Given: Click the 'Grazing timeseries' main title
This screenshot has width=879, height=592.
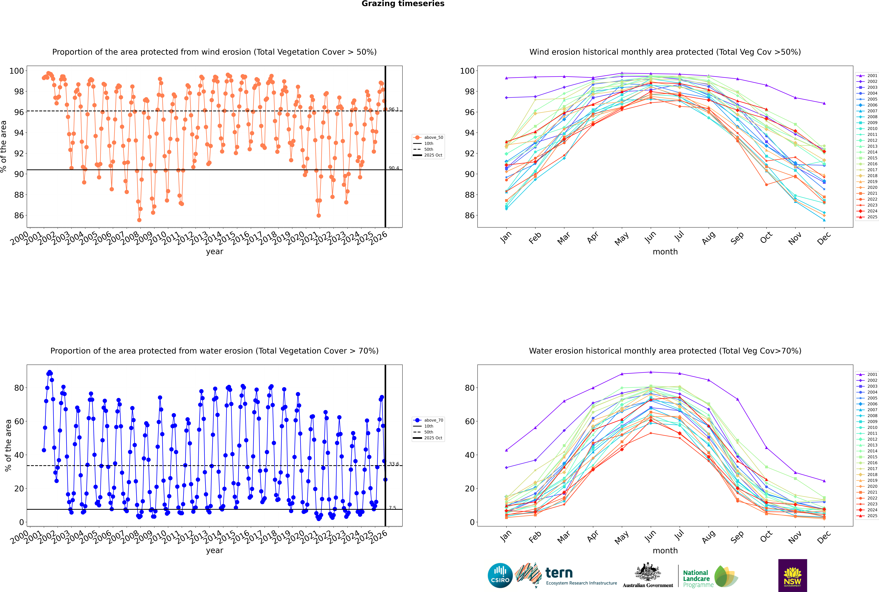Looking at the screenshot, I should pyautogui.click(x=403, y=4).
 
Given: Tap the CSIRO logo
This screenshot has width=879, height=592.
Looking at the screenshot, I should pyautogui.click(x=500, y=575).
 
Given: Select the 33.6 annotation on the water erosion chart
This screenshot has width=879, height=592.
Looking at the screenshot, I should pyautogui.click(x=393, y=464).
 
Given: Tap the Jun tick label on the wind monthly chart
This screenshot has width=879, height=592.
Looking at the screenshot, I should pyautogui.click(x=650, y=237).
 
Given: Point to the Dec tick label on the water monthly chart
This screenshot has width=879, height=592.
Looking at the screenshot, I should pyautogui.click(x=824, y=536).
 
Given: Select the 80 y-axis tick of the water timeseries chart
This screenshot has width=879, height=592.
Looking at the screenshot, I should pyautogui.click(x=19, y=388).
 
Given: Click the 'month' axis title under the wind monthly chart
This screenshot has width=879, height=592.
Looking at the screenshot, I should pyautogui.click(x=665, y=252).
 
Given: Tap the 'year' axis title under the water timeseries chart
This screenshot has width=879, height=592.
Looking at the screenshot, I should pyautogui.click(x=214, y=550).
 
